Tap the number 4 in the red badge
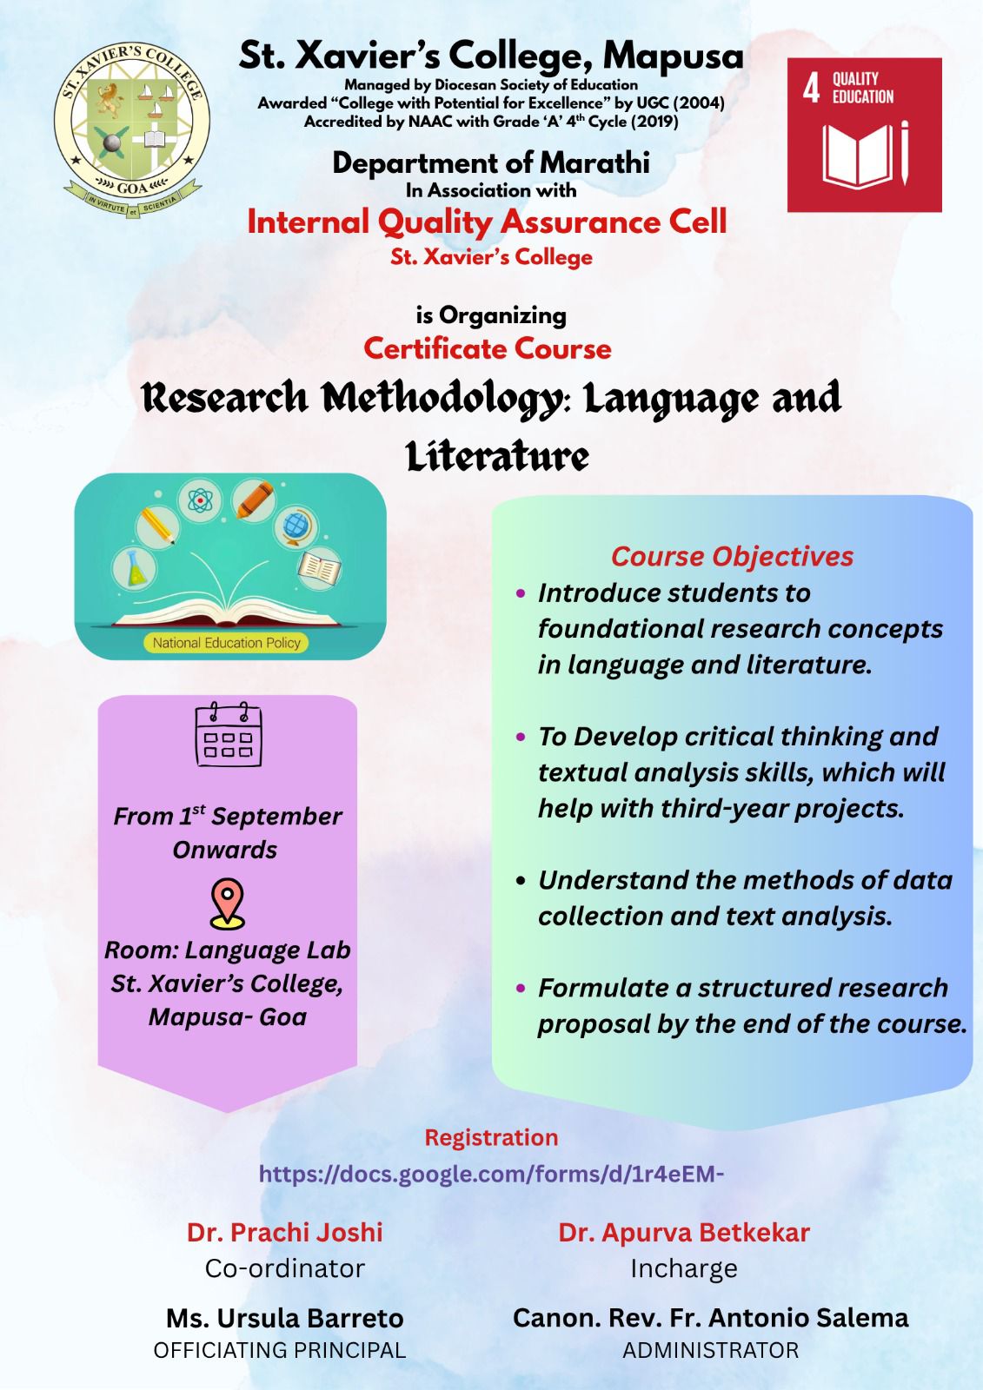pos(811,88)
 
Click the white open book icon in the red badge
pos(858,156)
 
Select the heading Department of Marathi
pos(491,163)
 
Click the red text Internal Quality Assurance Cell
pos(487,222)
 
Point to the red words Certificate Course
pos(488,348)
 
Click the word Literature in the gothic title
pos(497,457)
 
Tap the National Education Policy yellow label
pos(227,643)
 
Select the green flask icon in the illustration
pos(136,569)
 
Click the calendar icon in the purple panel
pos(229,734)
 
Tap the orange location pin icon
pos(228,903)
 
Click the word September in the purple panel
pos(276,817)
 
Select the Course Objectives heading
pos(732,557)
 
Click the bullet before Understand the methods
pos(521,881)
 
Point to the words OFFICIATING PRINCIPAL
pos(280,1350)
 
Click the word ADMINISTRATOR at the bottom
pos(710,1350)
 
